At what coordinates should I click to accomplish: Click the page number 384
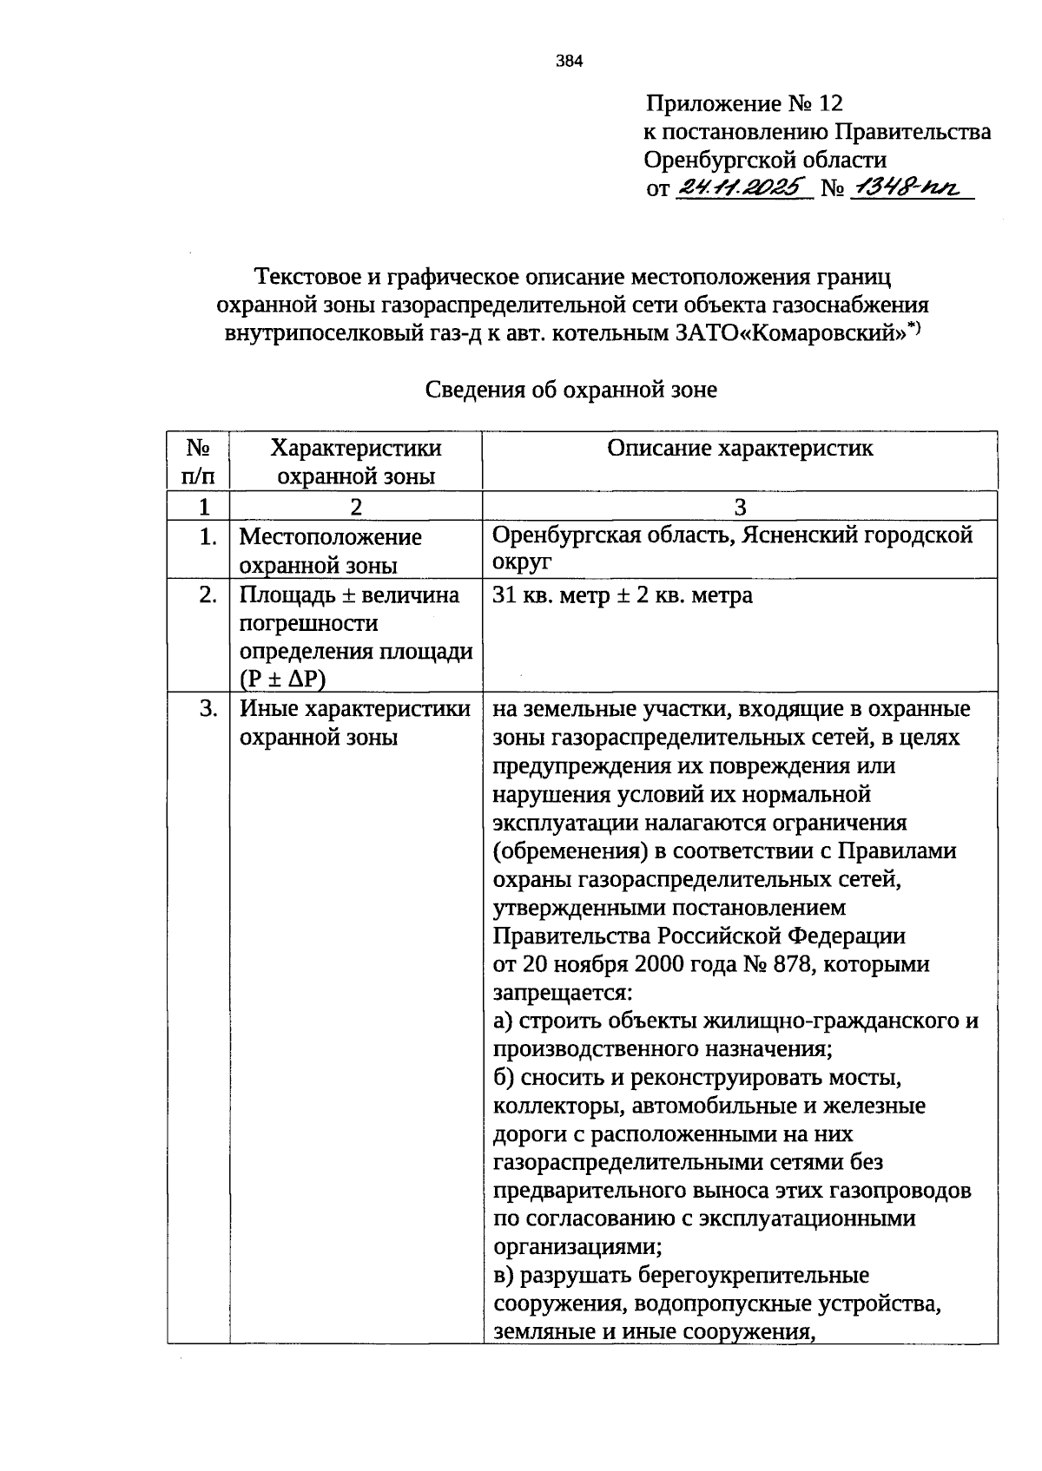click(570, 61)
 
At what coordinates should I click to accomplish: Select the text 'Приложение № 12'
click(743, 104)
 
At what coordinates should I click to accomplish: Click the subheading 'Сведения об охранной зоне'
click(570, 390)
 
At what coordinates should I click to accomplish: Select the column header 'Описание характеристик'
click(740, 448)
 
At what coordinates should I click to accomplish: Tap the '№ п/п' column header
click(198, 461)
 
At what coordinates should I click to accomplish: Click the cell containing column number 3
click(740, 507)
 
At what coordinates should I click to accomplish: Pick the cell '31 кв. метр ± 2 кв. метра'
click(622, 595)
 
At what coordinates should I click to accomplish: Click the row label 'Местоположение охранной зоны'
click(330, 550)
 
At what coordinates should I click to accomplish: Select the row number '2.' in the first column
click(207, 595)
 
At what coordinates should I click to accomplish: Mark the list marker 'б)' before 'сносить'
click(505, 1078)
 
